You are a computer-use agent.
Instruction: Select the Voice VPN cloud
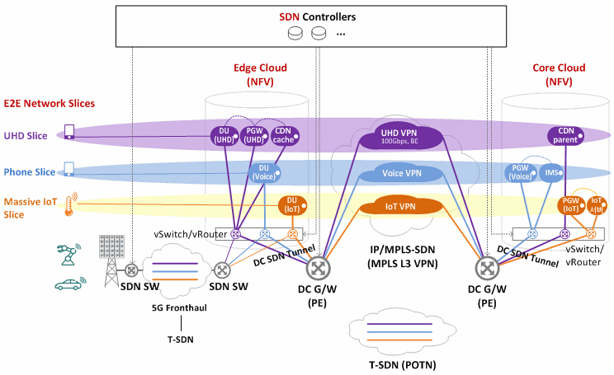(402, 174)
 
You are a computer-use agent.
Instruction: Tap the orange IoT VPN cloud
(400, 206)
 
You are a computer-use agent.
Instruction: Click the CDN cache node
(285, 135)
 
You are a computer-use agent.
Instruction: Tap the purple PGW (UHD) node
(254, 135)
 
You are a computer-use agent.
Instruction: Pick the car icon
(69, 284)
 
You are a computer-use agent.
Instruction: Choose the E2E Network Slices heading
(50, 104)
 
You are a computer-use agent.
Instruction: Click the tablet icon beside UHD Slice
(69, 133)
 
